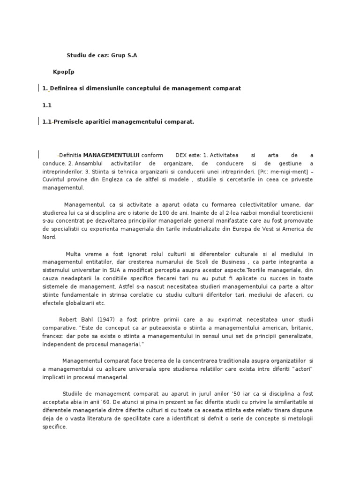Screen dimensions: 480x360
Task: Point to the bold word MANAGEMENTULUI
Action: (x=111, y=155)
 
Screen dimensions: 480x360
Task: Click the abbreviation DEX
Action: (x=180, y=155)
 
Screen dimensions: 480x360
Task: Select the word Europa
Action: (x=260, y=229)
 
